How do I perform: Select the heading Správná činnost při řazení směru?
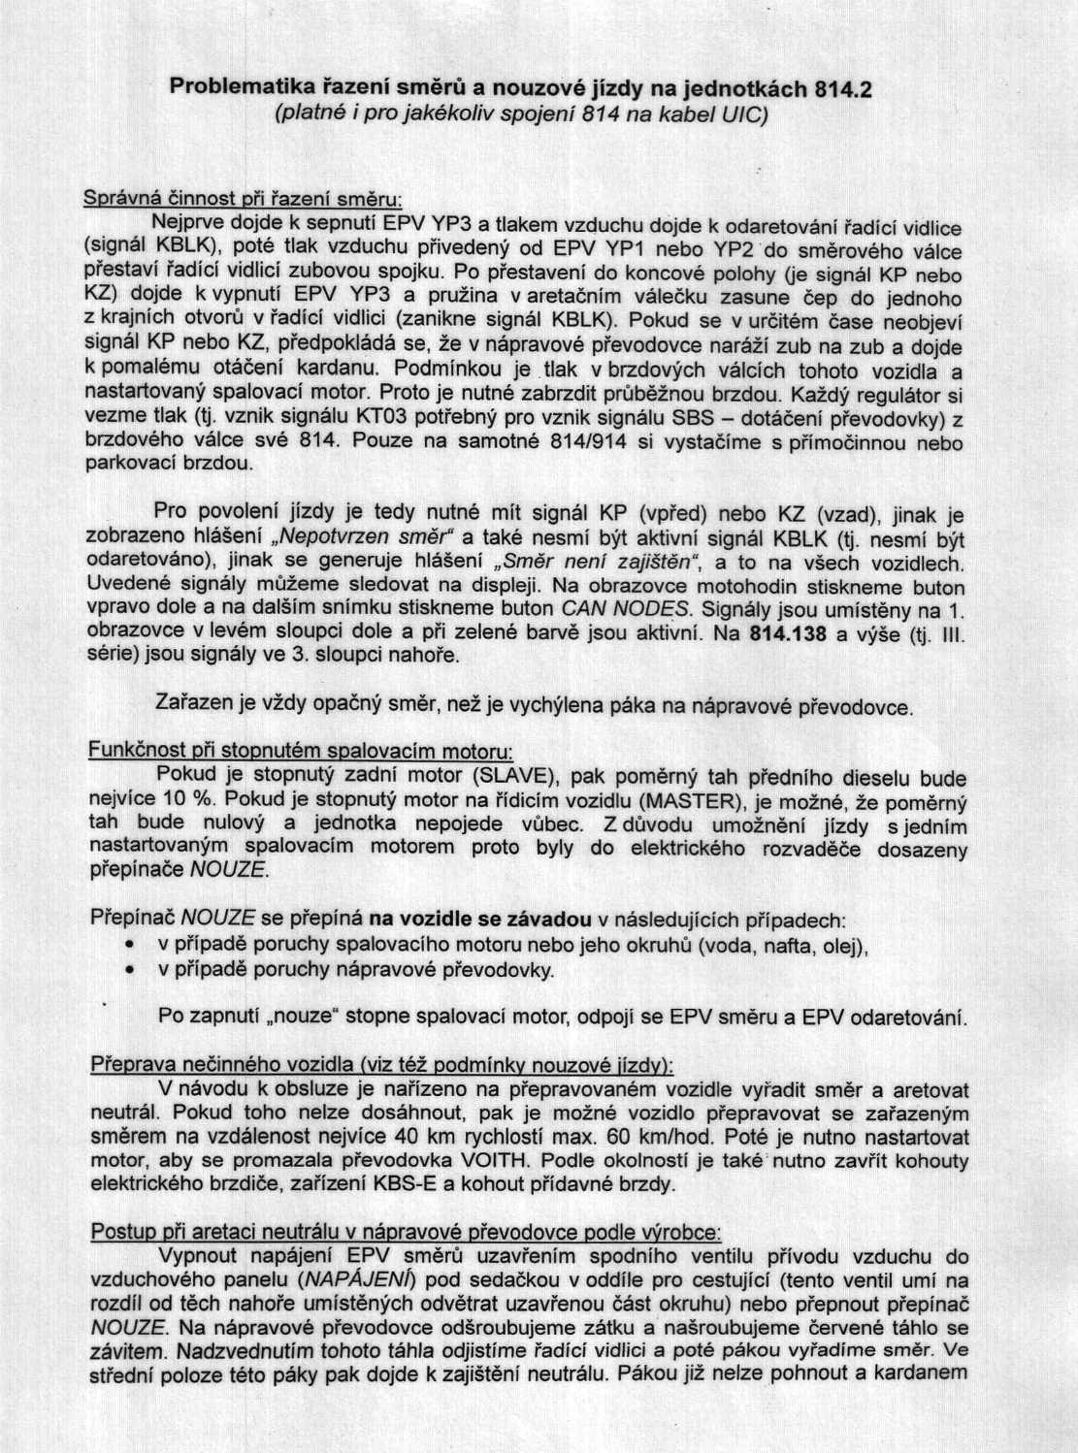tap(243, 199)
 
